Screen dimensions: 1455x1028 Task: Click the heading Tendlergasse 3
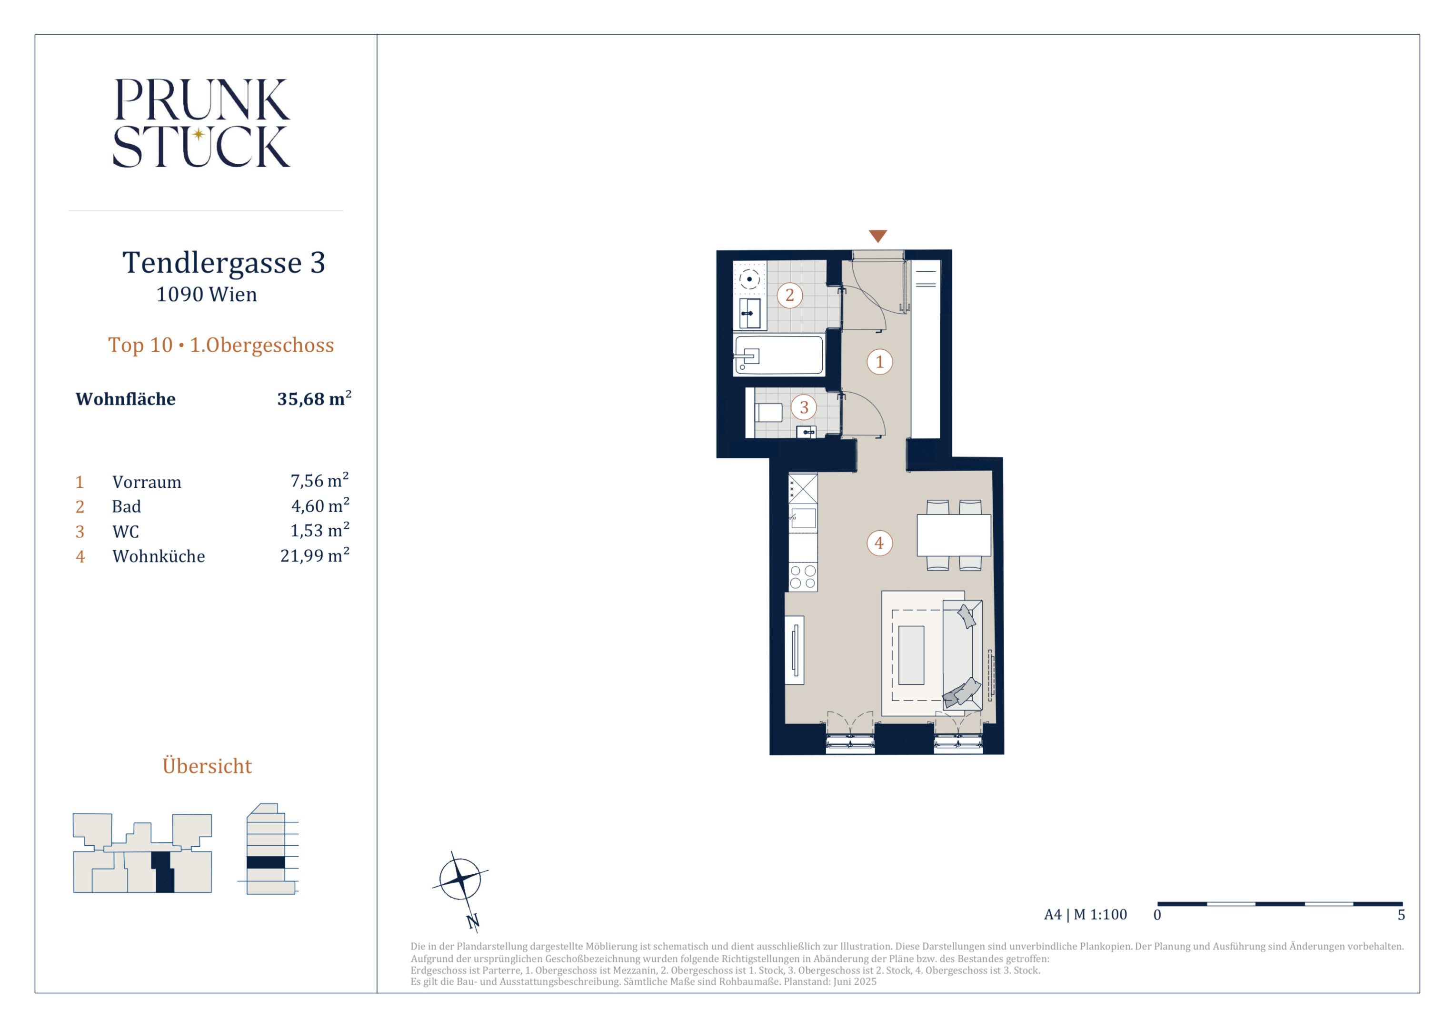(x=224, y=262)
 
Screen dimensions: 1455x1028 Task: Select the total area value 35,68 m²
(x=314, y=398)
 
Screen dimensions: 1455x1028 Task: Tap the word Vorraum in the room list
(x=146, y=482)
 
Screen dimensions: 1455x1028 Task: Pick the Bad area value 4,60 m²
(x=320, y=505)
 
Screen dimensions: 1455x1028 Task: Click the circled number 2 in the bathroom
(x=789, y=295)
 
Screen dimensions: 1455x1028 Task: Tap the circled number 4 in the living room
(x=879, y=543)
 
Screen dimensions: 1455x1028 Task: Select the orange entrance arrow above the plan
(x=877, y=236)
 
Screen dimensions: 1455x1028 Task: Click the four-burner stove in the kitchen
(x=803, y=577)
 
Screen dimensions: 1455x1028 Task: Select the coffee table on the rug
(x=911, y=655)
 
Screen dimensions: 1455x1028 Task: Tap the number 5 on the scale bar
(x=1401, y=915)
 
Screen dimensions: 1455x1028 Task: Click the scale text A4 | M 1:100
(x=1086, y=914)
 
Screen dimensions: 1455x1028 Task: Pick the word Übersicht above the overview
(x=207, y=765)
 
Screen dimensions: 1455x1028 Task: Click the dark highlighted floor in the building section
(x=266, y=862)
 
